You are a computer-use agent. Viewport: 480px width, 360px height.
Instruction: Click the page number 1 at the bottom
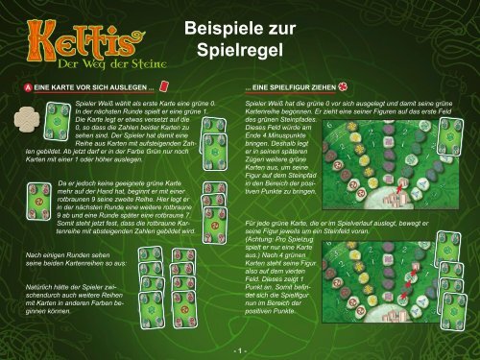point(240,350)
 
